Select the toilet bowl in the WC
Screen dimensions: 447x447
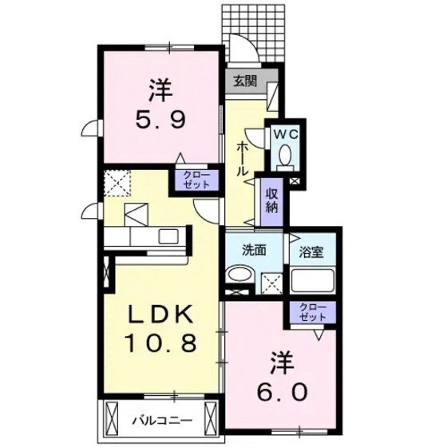point(286,159)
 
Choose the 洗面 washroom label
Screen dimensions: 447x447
point(255,249)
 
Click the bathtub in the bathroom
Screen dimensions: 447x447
point(312,280)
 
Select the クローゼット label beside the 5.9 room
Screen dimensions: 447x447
point(196,179)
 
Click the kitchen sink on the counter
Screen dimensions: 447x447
point(169,236)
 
